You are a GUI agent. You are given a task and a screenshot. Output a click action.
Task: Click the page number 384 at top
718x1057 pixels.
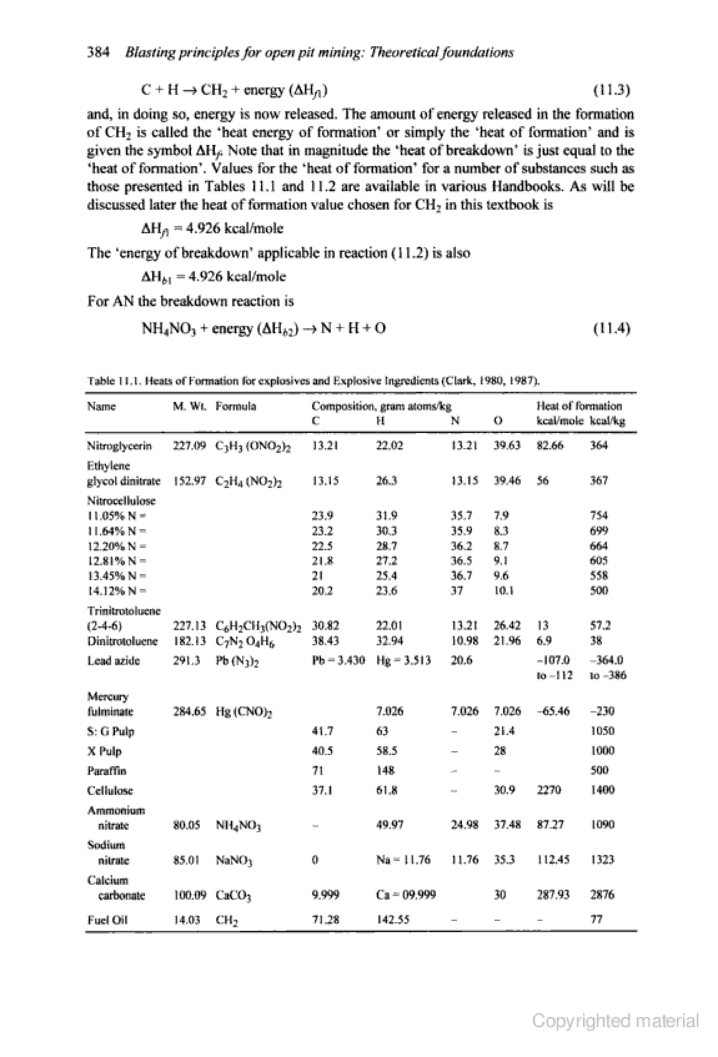tap(98, 53)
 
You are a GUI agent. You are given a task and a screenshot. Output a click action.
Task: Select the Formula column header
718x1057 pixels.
tap(236, 406)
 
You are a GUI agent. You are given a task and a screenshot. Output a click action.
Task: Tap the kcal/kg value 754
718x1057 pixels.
tap(599, 516)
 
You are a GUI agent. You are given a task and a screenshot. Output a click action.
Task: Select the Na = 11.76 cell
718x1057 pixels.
tap(403, 860)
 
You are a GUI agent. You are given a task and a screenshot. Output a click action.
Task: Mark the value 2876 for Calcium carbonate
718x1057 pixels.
tap(602, 895)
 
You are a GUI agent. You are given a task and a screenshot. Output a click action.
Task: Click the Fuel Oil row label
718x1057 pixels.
tap(107, 920)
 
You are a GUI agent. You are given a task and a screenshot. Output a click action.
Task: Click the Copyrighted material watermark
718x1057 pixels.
tap(615, 1021)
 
